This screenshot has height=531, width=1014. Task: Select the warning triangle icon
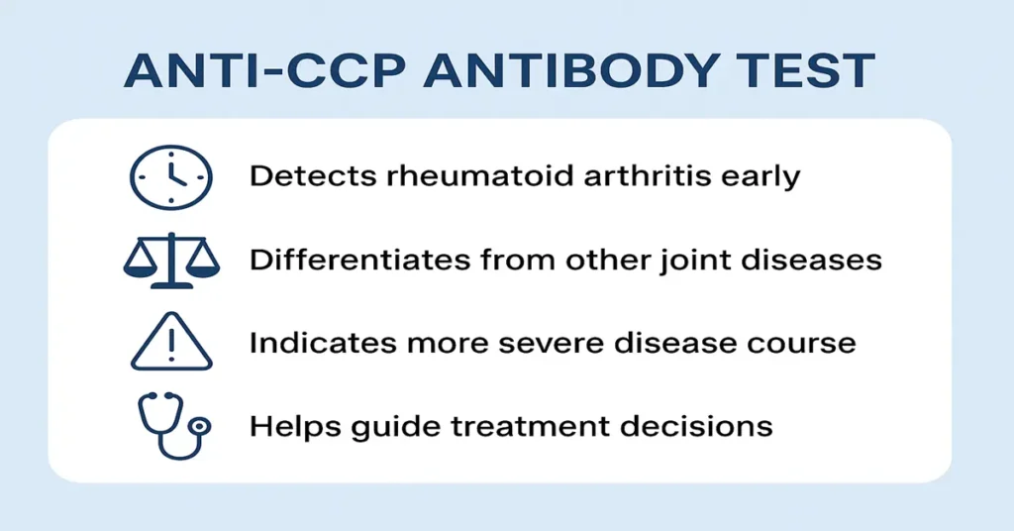170,343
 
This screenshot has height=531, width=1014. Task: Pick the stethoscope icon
170,426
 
